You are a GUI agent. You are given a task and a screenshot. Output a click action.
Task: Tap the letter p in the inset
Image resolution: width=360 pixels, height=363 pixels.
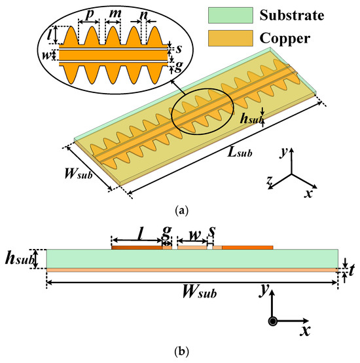88,12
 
